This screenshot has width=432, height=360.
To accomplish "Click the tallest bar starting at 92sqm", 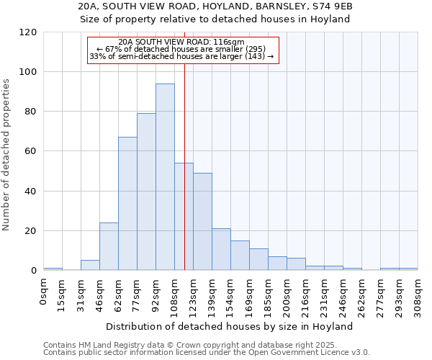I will click(x=165, y=177).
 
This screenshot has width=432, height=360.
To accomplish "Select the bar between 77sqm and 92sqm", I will click(x=146, y=192).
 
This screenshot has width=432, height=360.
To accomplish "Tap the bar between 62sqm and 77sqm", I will click(x=127, y=204).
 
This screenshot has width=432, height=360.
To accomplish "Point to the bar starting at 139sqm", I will click(x=221, y=250).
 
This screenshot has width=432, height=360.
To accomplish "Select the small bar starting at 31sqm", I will click(x=90, y=265).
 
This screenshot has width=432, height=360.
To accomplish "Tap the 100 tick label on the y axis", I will click(x=28, y=72).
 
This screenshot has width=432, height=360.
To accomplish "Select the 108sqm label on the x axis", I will click(x=174, y=294).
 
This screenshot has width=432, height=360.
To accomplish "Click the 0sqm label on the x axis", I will click(x=43, y=291).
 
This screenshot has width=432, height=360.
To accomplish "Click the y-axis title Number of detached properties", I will click(x=7, y=155).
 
